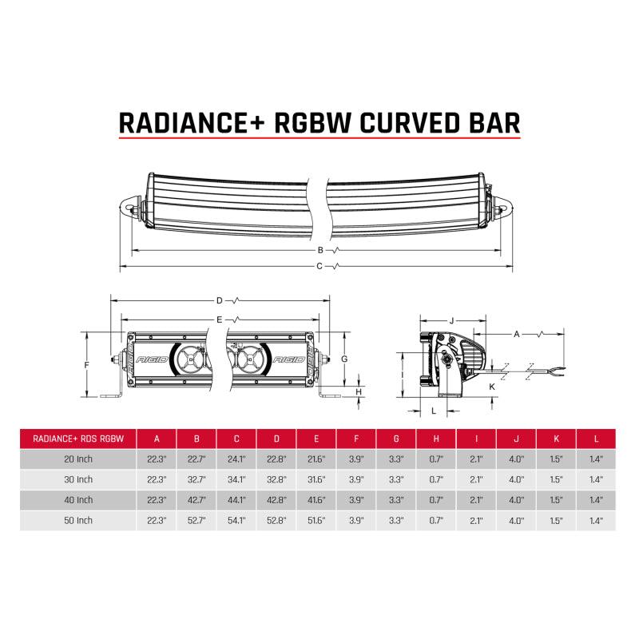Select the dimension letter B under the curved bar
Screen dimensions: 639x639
[x=319, y=250]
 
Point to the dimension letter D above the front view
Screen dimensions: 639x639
[x=219, y=301]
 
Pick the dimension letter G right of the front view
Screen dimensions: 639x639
[x=344, y=359]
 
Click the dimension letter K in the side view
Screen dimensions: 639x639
[x=492, y=386]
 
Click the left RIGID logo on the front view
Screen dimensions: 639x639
[x=153, y=360]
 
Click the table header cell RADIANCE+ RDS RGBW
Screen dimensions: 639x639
[x=78, y=438]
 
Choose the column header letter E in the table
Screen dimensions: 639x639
[x=316, y=438]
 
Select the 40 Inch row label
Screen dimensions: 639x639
[x=78, y=500]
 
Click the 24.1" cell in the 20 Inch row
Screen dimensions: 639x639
[x=236, y=458]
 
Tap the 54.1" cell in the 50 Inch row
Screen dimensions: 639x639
[x=236, y=521]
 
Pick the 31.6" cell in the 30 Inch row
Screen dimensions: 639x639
[x=316, y=479]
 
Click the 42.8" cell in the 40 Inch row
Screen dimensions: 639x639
[x=276, y=500]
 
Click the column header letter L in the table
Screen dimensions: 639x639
[x=596, y=438]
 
